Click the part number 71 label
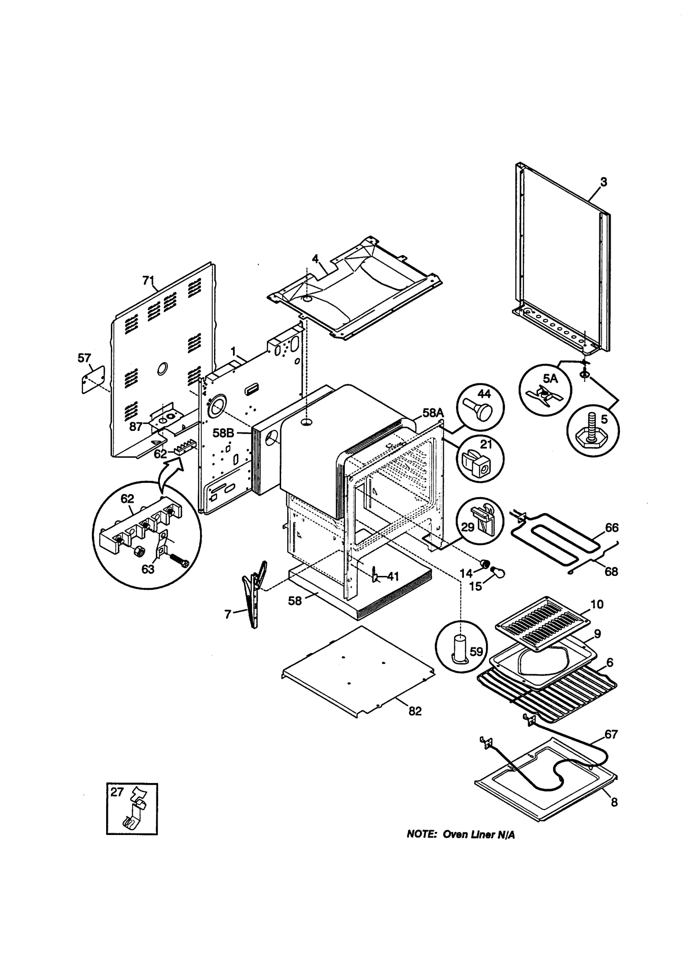tap(148, 281)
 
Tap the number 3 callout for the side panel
tap(603, 182)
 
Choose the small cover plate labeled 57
tap(93, 379)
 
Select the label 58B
tap(223, 433)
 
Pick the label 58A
tap(433, 412)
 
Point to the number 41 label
tap(392, 576)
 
